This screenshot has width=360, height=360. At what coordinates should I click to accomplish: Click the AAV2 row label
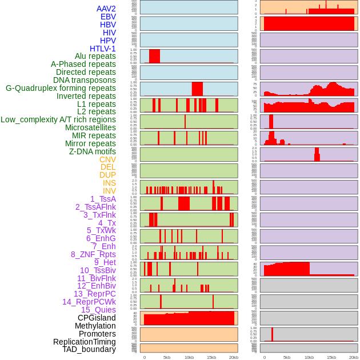click(x=106, y=9)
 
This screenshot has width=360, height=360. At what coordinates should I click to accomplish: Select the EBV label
click(x=108, y=17)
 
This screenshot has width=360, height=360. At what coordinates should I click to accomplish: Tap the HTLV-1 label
click(x=103, y=49)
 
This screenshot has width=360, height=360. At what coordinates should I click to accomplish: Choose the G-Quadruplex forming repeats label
click(x=61, y=88)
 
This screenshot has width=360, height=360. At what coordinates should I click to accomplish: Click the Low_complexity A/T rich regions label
click(x=58, y=119)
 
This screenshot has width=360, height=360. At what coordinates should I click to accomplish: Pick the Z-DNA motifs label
click(x=93, y=151)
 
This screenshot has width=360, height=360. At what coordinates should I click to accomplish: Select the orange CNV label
click(x=107, y=159)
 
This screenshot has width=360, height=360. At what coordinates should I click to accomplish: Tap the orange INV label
click(x=109, y=191)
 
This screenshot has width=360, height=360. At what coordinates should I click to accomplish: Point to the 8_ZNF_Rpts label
click(x=93, y=254)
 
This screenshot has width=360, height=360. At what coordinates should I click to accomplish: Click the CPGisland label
click(x=97, y=318)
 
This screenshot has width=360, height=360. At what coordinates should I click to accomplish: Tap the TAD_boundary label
click(x=89, y=349)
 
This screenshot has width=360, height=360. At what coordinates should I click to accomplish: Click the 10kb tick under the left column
click(x=189, y=357)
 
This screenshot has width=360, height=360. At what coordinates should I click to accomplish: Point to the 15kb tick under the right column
click(x=331, y=357)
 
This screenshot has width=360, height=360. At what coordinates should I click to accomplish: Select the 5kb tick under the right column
click(x=287, y=357)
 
